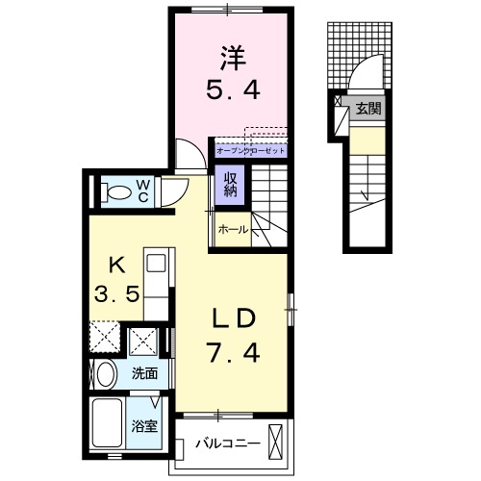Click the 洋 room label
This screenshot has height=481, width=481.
click(x=231, y=58)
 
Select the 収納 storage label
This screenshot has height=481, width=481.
click(x=232, y=183)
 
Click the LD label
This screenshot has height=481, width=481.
click(x=233, y=317)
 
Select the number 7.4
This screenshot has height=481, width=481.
click(x=232, y=354)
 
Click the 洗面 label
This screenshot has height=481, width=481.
click(x=145, y=373)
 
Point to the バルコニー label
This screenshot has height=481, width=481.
click(x=227, y=443)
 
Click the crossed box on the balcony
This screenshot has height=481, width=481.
click(x=277, y=443)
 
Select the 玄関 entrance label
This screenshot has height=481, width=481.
click(x=367, y=109)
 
